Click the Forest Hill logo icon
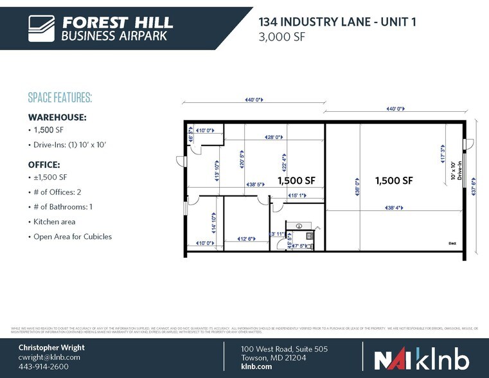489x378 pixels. (x=42, y=28)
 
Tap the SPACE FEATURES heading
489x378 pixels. (x=60, y=98)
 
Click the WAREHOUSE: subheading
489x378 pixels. (x=57, y=118)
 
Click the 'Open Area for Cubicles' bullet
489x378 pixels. (x=71, y=236)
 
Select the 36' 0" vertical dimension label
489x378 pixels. (x=357, y=190)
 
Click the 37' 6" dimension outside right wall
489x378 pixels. (x=474, y=190)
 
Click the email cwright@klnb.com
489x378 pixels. (x=49, y=357)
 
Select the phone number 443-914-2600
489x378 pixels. (x=43, y=366)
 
